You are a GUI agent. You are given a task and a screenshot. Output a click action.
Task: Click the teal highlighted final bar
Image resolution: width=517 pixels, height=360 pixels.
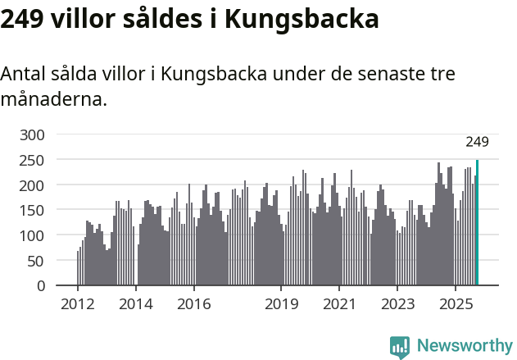click(x=477, y=223)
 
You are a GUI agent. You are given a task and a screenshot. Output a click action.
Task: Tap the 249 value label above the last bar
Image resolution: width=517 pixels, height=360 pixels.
click(x=477, y=142)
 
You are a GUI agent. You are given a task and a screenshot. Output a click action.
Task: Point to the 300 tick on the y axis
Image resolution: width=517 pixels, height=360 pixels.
click(x=33, y=134)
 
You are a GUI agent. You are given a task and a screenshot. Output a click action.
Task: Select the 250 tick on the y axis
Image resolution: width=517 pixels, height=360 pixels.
click(x=33, y=160)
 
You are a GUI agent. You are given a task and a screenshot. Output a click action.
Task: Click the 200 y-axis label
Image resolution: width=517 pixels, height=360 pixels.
click(x=33, y=185)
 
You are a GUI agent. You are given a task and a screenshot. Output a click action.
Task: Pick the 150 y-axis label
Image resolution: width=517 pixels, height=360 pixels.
click(x=33, y=211)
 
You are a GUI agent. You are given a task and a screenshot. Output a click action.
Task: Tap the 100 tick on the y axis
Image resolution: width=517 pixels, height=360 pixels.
click(x=33, y=236)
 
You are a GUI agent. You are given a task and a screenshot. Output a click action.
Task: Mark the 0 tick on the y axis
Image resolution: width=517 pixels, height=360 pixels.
click(x=41, y=286)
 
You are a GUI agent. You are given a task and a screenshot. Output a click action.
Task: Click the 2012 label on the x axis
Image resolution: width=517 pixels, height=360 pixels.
click(x=78, y=305)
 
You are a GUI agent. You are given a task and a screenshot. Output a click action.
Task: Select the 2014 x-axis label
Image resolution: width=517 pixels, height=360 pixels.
click(x=136, y=305)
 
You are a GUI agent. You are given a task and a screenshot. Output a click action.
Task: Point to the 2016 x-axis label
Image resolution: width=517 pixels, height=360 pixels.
click(x=193, y=305)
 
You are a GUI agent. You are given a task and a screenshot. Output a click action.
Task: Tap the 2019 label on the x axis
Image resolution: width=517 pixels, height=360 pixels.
click(x=281, y=305)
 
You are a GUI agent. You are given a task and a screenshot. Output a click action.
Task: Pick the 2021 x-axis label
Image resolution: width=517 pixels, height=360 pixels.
click(x=338, y=305)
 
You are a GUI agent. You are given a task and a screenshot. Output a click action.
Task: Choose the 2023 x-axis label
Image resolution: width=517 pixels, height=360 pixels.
click(x=397, y=305)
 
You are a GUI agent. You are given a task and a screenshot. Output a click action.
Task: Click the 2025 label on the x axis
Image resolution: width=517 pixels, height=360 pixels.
click(x=455, y=305)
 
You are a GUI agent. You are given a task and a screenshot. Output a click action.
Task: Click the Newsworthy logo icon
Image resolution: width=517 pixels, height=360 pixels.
click(x=400, y=346)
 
